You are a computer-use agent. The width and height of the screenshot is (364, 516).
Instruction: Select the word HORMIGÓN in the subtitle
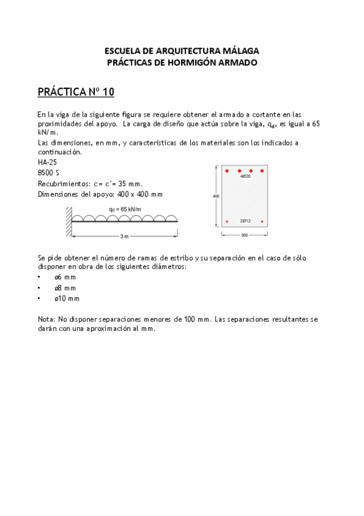tap(181, 62)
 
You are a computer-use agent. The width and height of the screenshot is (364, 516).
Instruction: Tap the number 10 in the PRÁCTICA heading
tap(108, 92)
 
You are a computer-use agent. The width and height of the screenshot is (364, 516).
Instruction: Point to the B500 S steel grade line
tap(48, 173)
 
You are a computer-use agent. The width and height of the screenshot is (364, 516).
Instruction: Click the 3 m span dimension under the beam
tap(124, 235)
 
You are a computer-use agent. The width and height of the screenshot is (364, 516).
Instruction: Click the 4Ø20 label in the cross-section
tap(246, 176)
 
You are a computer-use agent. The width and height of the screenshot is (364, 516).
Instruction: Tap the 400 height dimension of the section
tap(216, 197)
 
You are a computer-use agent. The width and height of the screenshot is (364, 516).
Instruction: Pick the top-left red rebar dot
tap(227, 171)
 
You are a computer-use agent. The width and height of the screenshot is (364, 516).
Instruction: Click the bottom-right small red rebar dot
tap(263, 221)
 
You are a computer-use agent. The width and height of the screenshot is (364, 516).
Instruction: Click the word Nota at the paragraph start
tap(46, 319)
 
